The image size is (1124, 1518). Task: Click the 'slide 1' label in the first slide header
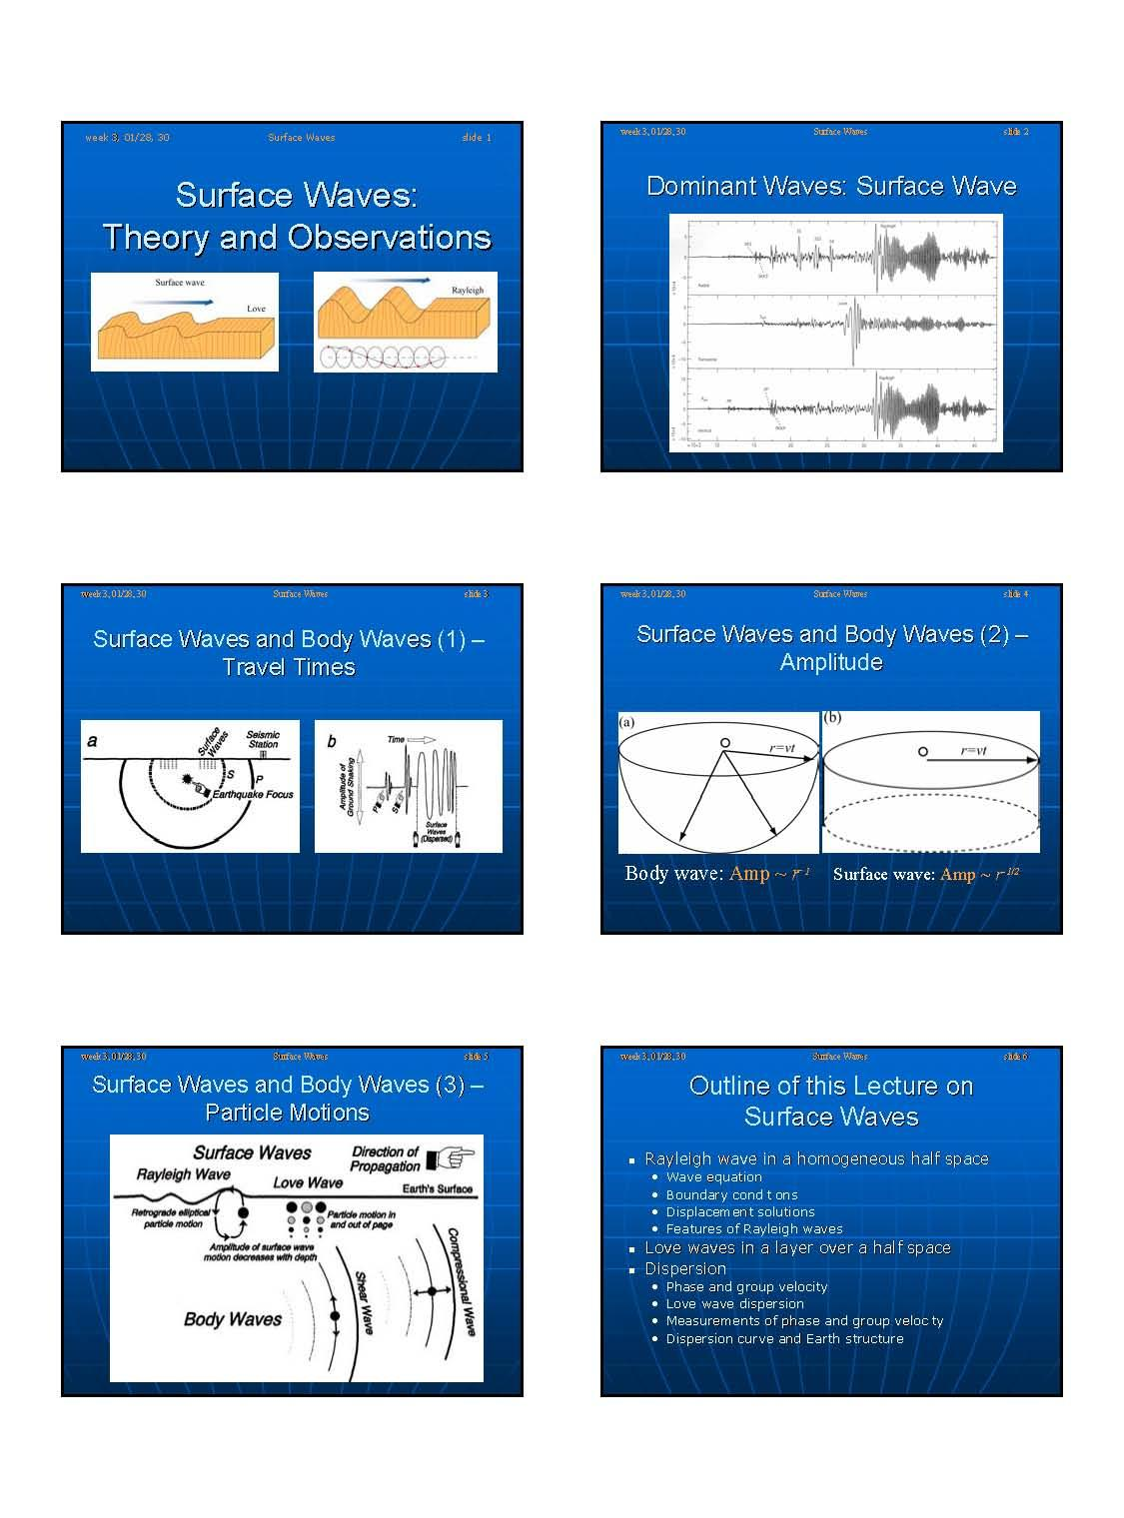476,138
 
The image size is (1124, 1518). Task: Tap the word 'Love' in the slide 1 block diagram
256,309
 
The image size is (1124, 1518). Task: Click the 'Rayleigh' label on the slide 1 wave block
467,290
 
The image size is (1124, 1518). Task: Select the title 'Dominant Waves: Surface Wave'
830,187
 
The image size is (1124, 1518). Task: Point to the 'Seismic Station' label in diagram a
263,740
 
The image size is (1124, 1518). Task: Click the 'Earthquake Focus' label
253,794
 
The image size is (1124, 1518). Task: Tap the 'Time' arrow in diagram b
410,740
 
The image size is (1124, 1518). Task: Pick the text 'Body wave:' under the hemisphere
673,874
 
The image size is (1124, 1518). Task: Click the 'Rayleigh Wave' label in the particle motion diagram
183,1174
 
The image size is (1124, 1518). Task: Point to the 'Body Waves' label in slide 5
233,1319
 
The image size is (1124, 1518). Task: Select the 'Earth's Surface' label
437,1188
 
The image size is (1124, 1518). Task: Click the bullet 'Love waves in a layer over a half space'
797,1247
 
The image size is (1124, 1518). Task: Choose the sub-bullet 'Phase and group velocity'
746,1286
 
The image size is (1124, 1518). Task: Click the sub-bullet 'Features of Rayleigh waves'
753,1228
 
